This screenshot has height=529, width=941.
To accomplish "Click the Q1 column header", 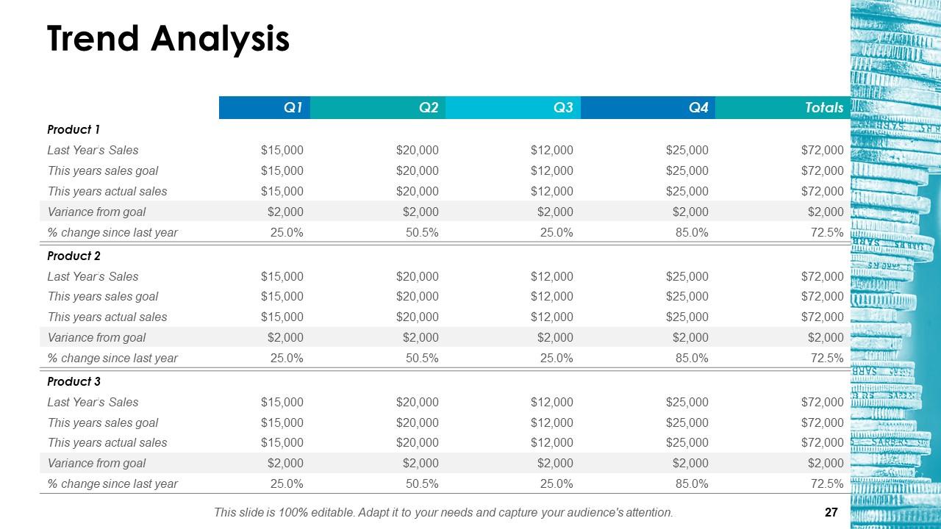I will point(293,108).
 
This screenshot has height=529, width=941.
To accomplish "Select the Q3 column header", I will point(562,108).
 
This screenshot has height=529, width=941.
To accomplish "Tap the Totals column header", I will point(823,108).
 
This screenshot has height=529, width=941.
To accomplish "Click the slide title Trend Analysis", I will point(168,39).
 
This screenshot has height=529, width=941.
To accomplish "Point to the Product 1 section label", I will point(74,130).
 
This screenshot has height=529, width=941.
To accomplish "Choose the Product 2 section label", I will point(74,256).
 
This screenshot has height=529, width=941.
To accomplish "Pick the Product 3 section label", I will point(74,382).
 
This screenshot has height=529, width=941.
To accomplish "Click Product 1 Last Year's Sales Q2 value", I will point(417,151).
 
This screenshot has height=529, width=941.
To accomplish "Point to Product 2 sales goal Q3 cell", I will point(551,297).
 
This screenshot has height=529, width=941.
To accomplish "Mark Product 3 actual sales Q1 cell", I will point(282,443).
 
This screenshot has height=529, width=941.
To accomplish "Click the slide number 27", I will point(831,513).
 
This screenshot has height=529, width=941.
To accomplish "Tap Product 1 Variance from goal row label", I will point(96,212).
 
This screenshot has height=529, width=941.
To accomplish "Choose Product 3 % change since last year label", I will point(112,484).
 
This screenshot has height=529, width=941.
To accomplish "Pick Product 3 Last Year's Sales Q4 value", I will point(687,403).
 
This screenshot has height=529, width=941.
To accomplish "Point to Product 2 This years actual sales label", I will point(107,317).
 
